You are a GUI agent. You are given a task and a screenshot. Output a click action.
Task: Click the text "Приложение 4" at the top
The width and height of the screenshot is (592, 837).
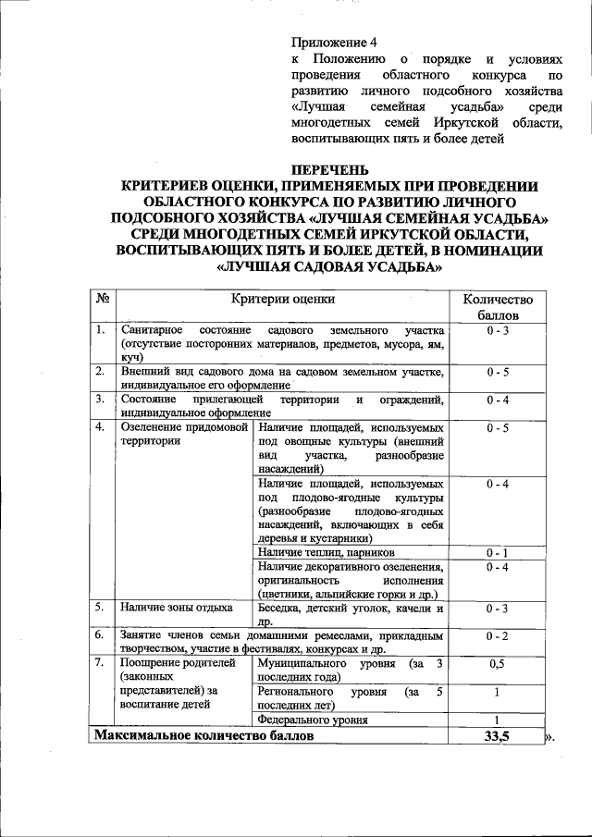pyautogui.click(x=335, y=42)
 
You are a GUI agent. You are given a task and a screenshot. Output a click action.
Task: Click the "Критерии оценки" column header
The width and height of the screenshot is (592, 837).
pyautogui.click(x=283, y=299)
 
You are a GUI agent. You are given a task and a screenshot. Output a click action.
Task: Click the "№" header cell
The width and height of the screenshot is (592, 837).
pyautogui.click(x=103, y=299)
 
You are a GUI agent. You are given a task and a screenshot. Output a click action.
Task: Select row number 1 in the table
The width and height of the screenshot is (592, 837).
pyautogui.click(x=99, y=330)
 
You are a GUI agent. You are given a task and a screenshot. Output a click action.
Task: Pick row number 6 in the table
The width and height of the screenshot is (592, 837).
pyautogui.click(x=99, y=635)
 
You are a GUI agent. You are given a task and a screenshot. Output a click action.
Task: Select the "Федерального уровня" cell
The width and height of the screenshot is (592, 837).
pyautogui.click(x=313, y=719)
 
